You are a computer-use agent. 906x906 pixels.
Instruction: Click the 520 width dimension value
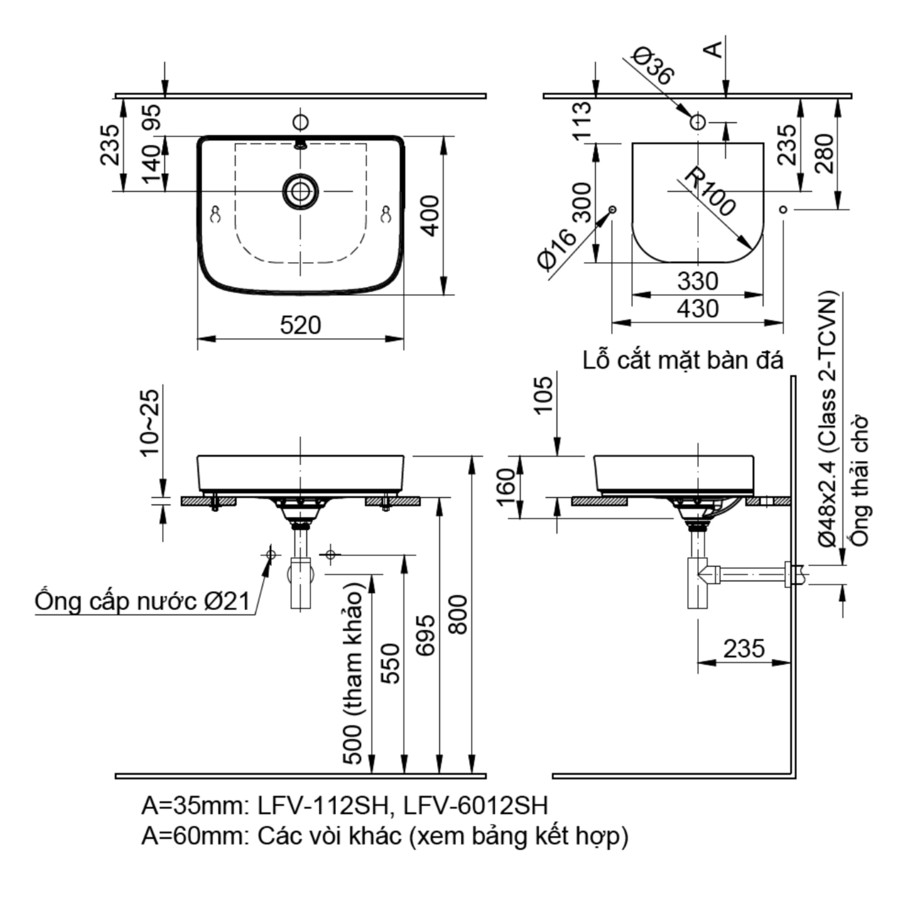coord(300,325)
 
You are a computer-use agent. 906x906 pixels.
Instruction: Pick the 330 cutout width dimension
coord(697,281)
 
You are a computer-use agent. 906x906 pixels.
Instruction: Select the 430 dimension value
coord(697,309)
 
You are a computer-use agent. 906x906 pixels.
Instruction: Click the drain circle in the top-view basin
coord(300,191)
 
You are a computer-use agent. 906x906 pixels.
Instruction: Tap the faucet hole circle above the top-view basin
coord(300,122)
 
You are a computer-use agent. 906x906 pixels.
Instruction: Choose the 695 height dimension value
coord(425,636)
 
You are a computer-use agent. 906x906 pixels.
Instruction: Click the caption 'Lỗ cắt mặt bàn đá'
coord(683,361)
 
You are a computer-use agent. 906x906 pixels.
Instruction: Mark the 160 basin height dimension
coord(506,488)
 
